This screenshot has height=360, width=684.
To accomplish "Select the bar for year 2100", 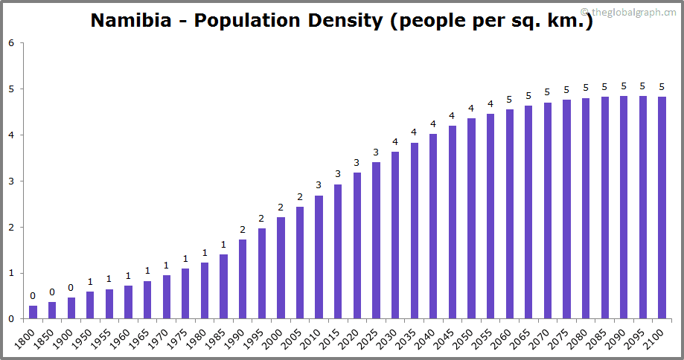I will (662, 208).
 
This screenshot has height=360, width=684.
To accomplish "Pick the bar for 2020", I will (357, 245).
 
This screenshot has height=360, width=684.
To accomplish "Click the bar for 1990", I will (243, 279).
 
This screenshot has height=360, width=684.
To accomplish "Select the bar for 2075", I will (566, 209).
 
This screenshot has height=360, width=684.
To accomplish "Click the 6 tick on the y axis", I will (11, 43).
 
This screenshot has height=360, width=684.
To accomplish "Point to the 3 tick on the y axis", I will (11, 181).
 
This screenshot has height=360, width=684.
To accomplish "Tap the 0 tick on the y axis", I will (11, 319).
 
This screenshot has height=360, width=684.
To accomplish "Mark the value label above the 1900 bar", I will (71, 288).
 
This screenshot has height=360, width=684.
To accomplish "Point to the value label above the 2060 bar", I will (509, 100).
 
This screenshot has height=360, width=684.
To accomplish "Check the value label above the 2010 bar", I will (319, 185).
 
